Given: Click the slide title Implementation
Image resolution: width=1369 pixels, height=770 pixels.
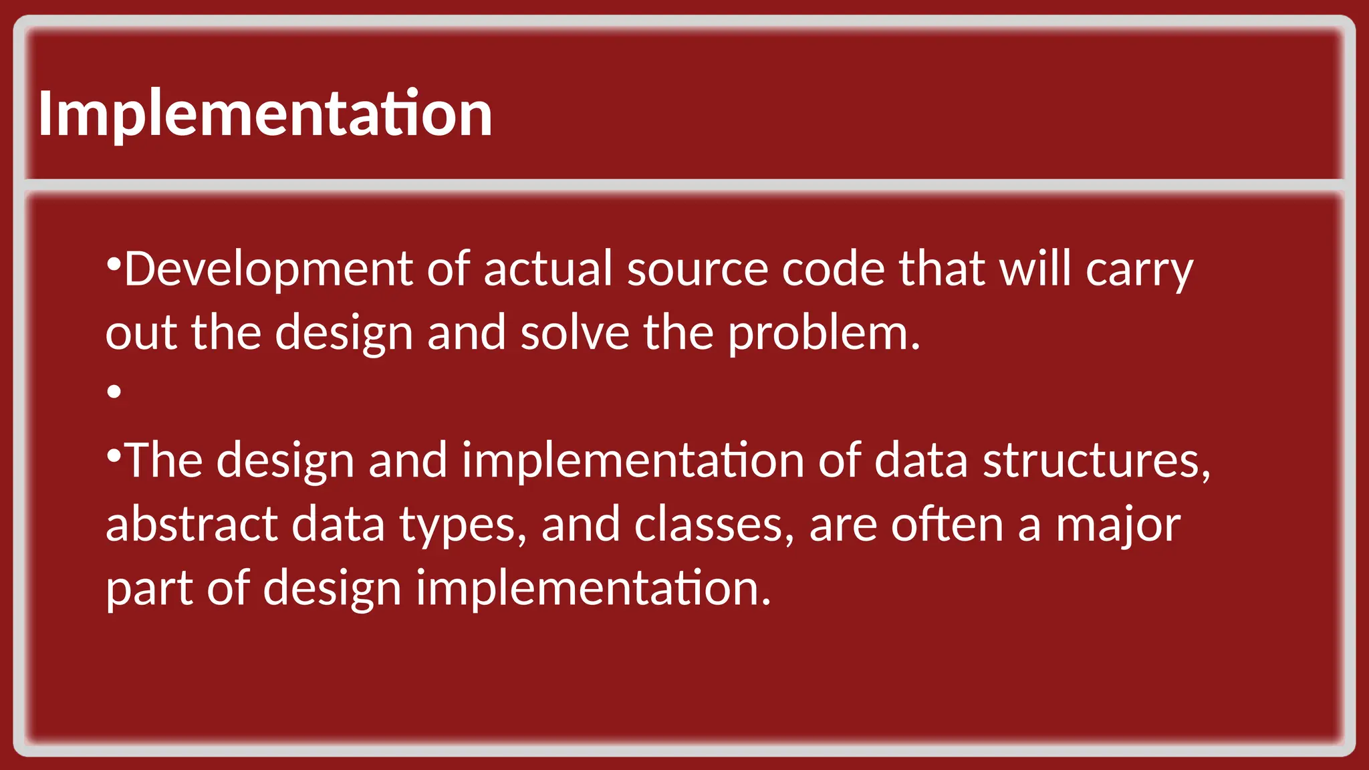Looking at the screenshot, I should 265,114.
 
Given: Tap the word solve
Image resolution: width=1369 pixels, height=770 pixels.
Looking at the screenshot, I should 575,333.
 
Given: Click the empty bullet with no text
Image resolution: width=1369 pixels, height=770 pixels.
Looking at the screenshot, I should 114,391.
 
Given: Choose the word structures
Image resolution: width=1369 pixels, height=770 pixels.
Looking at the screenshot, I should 1096,461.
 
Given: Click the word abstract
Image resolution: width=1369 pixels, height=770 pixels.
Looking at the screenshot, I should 191,525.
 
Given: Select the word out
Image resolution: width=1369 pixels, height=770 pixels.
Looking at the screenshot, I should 141,333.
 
